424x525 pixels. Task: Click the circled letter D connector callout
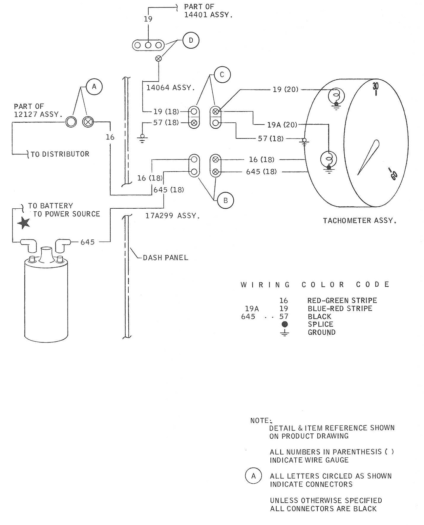(x=191, y=40)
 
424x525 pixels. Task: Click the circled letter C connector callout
(x=222, y=75)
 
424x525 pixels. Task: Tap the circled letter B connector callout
(x=225, y=200)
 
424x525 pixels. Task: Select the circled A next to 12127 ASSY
(x=94, y=87)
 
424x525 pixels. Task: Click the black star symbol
(x=24, y=223)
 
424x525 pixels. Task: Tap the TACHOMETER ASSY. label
(x=359, y=220)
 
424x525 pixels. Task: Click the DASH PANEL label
(x=165, y=258)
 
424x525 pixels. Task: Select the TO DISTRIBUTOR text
(x=60, y=154)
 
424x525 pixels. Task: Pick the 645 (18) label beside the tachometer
(x=261, y=172)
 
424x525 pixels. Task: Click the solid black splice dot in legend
(x=285, y=324)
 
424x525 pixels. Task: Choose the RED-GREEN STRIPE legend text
(x=342, y=300)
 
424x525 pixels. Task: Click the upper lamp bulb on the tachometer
(x=336, y=96)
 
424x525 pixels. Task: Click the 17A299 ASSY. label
(x=172, y=216)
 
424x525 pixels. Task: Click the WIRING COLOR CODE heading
(x=315, y=284)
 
